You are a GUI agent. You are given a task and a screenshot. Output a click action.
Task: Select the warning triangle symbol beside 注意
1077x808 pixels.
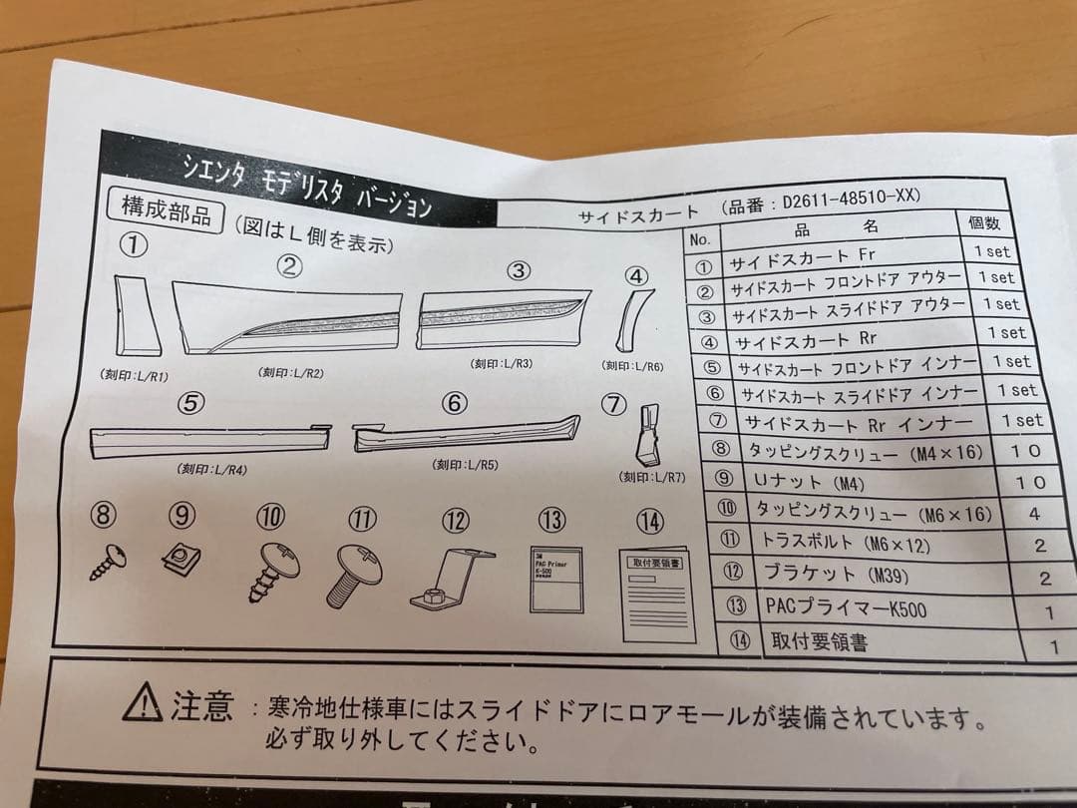click(x=143, y=704)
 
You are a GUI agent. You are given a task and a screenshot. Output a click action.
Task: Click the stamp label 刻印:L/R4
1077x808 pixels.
click(x=212, y=469)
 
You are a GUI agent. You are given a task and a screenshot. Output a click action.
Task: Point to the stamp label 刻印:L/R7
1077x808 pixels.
click(x=652, y=478)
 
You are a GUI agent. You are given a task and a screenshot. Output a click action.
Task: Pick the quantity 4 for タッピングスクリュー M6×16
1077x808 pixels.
click(x=1034, y=515)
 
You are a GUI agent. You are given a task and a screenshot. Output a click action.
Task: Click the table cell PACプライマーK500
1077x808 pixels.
click(x=845, y=606)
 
